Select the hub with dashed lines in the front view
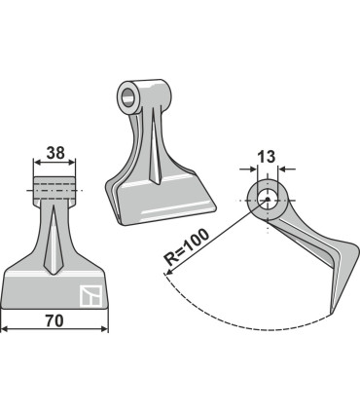click(x=55, y=186)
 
